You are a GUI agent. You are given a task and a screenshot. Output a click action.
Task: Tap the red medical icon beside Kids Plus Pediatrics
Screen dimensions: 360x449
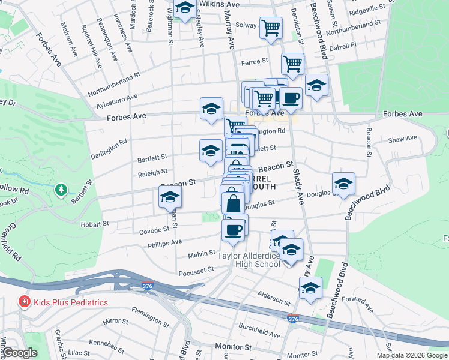(25, 302)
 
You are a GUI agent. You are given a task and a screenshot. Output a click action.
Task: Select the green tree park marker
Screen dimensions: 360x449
(61, 190)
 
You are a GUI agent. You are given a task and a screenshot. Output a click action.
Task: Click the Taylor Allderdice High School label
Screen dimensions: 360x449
(249, 260)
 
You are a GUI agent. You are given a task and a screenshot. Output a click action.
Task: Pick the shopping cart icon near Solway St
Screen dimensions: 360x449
(271, 26)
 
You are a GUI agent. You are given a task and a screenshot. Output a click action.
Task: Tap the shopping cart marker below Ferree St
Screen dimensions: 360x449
(292, 63)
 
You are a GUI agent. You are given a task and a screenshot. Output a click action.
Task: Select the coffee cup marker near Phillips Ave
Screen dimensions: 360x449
(233, 229)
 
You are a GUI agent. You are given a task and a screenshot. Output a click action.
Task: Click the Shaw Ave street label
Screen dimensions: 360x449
(402, 139)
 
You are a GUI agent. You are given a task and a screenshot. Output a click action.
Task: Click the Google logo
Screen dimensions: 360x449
(19, 353)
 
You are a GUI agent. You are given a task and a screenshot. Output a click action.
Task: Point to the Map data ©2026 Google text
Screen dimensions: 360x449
(411, 355)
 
